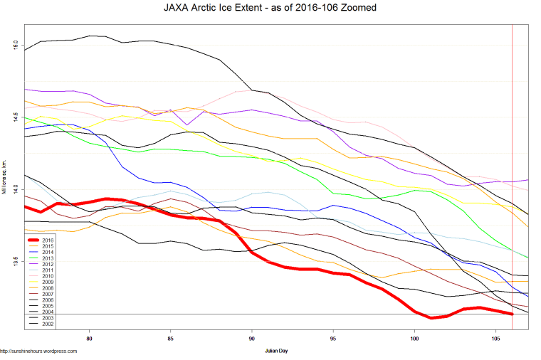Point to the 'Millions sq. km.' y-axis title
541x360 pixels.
pos(6,178)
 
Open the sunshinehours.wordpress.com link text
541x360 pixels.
pos(38,351)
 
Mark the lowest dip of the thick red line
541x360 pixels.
pos(431,318)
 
